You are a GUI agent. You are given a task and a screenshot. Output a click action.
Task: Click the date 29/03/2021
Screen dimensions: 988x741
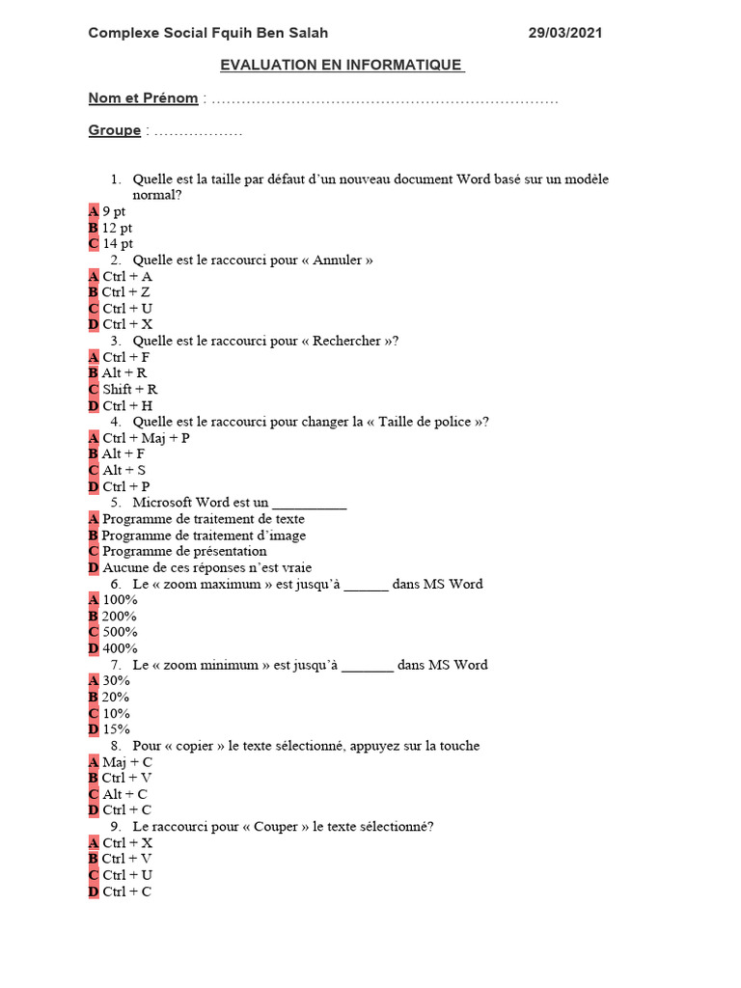[565, 33]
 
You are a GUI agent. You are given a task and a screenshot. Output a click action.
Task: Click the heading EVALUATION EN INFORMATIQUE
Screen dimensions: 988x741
[342, 65]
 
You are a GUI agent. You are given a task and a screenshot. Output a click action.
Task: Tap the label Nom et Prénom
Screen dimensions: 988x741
[143, 97]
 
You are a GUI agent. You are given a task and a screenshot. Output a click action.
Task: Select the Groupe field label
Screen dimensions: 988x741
[114, 130]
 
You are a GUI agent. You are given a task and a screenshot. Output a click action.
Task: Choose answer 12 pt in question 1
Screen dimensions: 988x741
[117, 228]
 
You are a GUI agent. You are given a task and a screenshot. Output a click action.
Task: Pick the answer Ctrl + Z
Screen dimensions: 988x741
[125, 292]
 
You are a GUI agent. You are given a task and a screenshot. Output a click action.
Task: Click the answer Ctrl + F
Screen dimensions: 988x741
[125, 357]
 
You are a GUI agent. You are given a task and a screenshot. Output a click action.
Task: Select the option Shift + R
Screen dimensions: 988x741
[130, 390]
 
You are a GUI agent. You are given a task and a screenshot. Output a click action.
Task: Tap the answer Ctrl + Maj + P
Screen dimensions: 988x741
[145, 438]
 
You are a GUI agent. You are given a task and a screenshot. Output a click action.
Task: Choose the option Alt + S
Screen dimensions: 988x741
[123, 471]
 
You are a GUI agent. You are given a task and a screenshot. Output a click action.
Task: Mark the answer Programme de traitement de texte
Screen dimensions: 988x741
[203, 519]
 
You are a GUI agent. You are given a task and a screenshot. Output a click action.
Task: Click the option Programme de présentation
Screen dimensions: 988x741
[184, 551]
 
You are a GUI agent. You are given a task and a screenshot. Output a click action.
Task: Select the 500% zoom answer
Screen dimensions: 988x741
[120, 632]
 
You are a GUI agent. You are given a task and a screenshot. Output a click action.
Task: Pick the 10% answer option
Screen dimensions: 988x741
[116, 713]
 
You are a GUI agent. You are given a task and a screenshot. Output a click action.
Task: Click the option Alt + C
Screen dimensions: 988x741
[124, 794]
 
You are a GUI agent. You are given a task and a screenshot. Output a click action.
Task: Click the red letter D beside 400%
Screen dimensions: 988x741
[94, 648]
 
